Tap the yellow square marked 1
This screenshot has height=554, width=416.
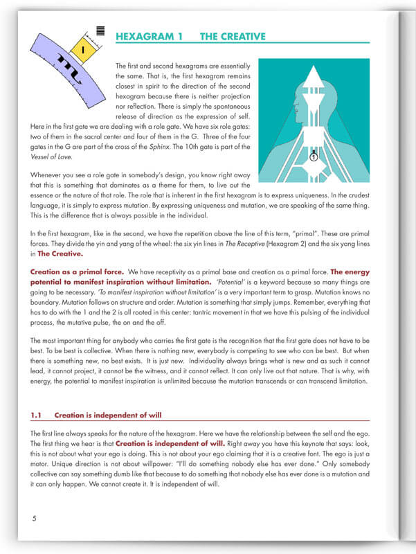(82, 50)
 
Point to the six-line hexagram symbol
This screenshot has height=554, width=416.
(100, 30)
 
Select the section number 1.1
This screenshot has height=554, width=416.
(37, 415)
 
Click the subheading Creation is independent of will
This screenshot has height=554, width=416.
(108, 415)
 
